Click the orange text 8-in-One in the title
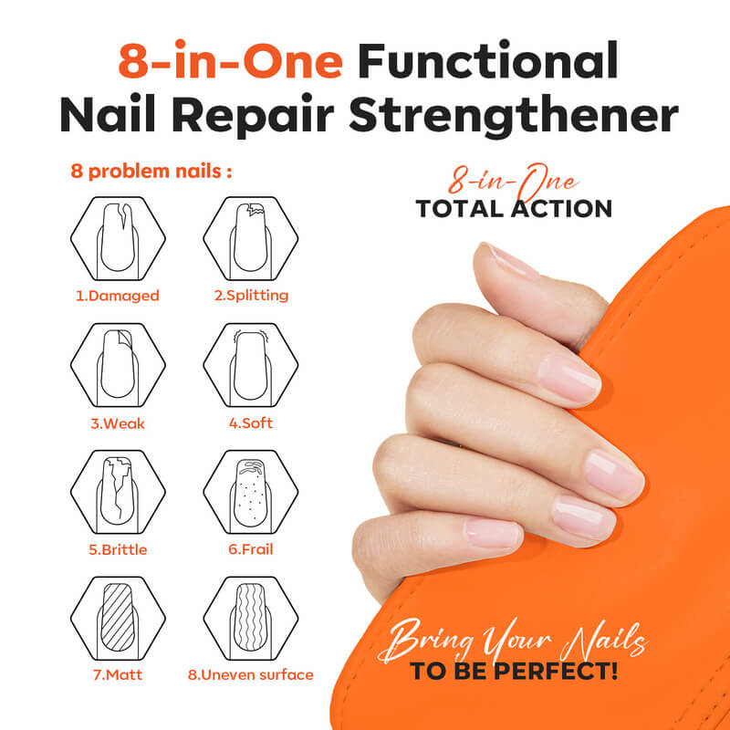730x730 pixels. [231, 60]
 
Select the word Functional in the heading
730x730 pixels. [488, 60]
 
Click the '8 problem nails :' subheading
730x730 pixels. [151, 172]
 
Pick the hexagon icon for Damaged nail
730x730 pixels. [118, 238]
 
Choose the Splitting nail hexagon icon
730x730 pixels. [250, 238]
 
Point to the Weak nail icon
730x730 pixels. [118, 365]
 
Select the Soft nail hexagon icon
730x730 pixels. [250, 365]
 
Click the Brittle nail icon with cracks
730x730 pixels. [118, 492]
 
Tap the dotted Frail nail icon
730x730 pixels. [250, 492]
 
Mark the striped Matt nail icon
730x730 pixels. [118, 619]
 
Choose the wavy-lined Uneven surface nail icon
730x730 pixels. [250, 619]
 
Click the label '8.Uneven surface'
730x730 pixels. [250, 675]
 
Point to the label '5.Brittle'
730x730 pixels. [118, 550]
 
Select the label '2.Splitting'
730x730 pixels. [251, 296]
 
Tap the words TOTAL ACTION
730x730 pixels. [514, 209]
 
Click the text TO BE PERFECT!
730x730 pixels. [514, 671]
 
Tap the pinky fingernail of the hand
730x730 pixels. [494, 533]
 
